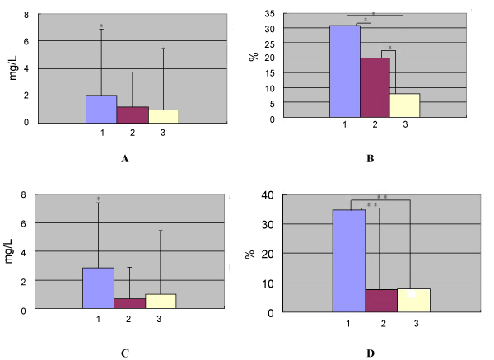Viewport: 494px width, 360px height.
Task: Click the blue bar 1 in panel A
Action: tap(101, 108)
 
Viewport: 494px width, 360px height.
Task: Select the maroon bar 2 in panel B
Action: tap(375, 87)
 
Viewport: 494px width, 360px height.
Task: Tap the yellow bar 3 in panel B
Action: tap(404, 105)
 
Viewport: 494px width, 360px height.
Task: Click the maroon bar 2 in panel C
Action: tap(130, 303)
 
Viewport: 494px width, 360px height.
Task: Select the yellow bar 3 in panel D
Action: tap(413, 300)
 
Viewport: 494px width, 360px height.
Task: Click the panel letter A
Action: tap(125, 159)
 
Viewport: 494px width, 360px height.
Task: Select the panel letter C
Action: tap(124, 353)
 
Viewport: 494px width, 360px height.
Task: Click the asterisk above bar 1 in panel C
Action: tap(98, 199)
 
